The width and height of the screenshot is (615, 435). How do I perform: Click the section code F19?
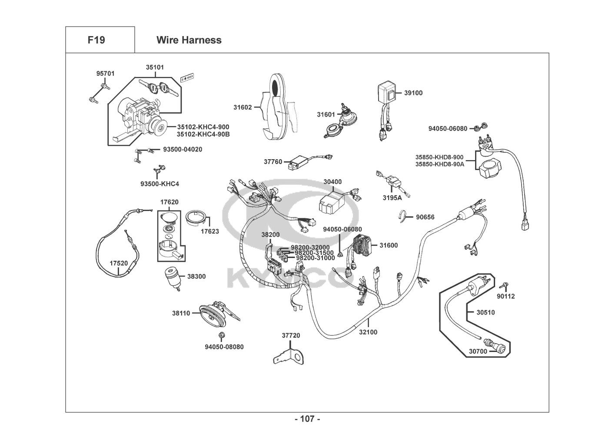tap(96, 40)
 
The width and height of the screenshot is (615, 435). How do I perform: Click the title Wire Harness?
tap(189, 40)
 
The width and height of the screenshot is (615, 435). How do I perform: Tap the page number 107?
tap(307, 419)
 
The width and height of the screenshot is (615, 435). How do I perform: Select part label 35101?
tap(155, 67)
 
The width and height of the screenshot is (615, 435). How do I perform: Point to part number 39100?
tap(413, 93)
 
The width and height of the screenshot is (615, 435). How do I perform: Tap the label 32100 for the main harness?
tap(368, 332)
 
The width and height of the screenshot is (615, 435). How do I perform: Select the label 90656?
tap(425, 217)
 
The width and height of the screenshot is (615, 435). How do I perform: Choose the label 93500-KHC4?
tap(160, 184)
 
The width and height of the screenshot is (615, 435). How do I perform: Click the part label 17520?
tap(119, 263)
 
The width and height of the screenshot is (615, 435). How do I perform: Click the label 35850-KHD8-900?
tap(439, 157)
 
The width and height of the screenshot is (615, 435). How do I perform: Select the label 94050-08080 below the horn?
tap(224, 347)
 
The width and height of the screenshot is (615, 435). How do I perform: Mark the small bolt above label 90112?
tap(504, 285)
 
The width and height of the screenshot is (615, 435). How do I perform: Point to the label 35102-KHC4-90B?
tap(203, 134)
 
